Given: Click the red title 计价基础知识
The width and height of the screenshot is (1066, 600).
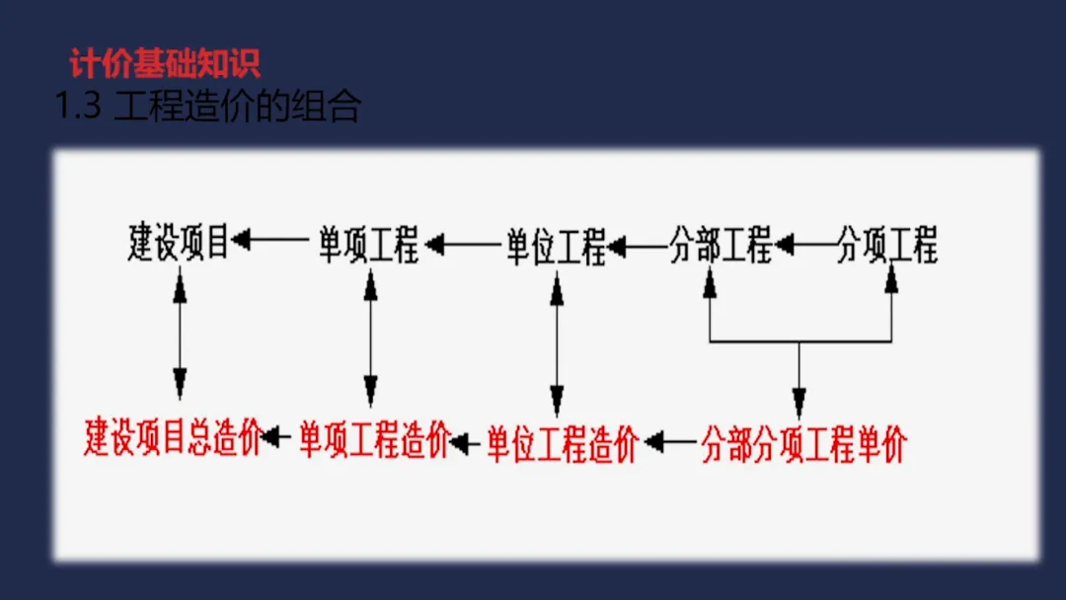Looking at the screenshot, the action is point(166,64).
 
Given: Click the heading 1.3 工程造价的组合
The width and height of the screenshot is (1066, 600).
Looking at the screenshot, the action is point(208,107).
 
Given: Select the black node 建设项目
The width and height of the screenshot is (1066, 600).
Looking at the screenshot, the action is point(179,243).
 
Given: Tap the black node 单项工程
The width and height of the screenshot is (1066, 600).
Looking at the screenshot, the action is point(368,243).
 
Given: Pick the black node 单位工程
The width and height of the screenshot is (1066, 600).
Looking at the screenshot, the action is point(556,245).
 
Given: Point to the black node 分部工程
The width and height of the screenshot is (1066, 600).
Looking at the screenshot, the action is point(721,243).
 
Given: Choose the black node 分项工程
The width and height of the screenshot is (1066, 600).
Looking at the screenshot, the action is point(886,243).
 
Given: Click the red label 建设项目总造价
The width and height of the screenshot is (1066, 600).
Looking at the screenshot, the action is point(173,437).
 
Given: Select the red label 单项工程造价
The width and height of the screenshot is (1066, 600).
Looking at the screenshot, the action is point(375,439).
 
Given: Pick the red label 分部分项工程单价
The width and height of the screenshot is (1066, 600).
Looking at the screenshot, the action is point(803,445).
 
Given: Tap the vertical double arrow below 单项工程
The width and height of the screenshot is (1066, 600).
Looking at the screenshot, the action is point(370,337).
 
